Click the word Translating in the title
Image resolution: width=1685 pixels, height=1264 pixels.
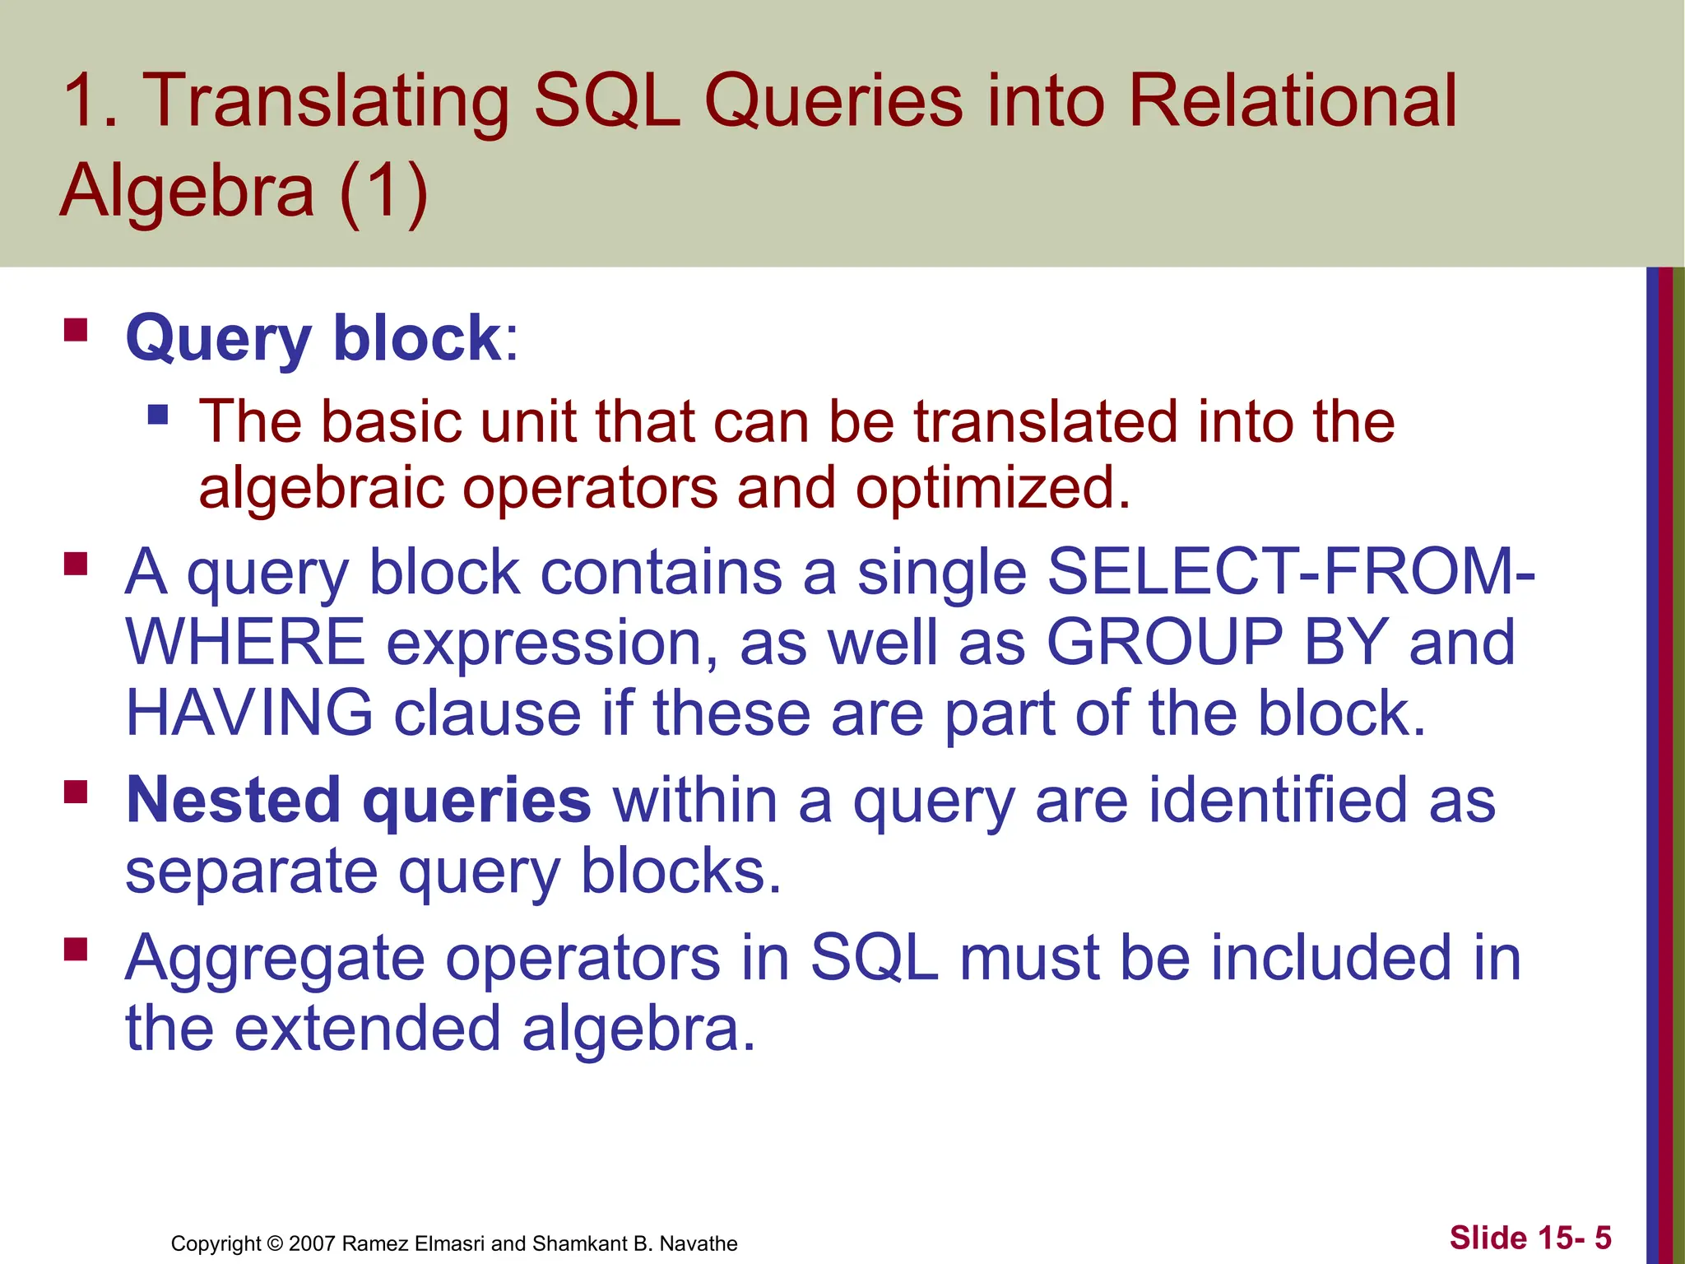(x=326, y=102)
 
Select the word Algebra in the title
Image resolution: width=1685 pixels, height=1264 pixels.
(x=188, y=191)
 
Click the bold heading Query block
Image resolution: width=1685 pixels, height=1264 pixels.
(x=313, y=338)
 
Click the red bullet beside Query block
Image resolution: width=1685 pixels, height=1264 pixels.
(x=76, y=331)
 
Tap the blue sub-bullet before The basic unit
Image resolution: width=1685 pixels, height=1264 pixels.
(x=158, y=413)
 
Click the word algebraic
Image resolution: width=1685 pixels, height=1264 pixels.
(x=320, y=487)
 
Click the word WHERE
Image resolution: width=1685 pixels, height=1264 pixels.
(x=245, y=642)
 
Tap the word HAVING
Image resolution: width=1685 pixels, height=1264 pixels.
(x=249, y=713)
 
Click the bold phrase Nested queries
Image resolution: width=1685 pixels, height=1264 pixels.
(x=358, y=800)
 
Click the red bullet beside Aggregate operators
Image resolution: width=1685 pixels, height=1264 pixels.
(x=76, y=950)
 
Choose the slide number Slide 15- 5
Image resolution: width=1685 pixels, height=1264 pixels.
(x=1529, y=1238)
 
